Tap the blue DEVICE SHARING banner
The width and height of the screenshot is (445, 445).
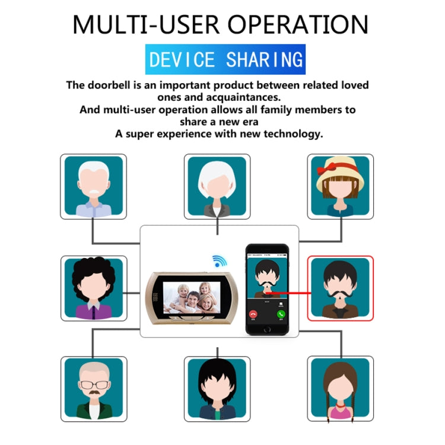pyautogui.click(x=225, y=59)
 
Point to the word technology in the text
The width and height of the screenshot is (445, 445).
pyautogui.click(x=293, y=133)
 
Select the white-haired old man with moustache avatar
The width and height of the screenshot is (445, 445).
pyautogui.click(x=94, y=186)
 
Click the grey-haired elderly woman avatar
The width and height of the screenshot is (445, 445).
pyautogui.click(x=217, y=186)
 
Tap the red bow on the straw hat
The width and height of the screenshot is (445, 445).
pyautogui.click(x=326, y=169)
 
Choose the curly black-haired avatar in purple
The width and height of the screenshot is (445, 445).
pyautogui.click(x=94, y=288)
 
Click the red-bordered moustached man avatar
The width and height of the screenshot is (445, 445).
pyautogui.click(x=341, y=288)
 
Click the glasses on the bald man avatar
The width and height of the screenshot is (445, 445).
pyautogui.click(x=94, y=385)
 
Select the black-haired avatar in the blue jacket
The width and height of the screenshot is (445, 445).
pyautogui.click(x=217, y=389)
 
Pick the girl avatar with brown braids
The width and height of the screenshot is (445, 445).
pyautogui.click(x=341, y=389)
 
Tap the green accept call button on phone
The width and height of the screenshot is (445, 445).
pyautogui.click(x=281, y=314)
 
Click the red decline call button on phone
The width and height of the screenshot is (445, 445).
pyautogui.click(x=253, y=314)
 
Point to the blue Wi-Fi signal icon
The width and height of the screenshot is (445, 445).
pyautogui.click(x=219, y=261)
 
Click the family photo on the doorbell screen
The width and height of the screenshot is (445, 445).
pyautogui.click(x=192, y=297)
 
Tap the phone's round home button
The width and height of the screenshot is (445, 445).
pyautogui.click(x=267, y=330)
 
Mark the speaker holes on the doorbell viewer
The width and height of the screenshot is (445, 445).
pyautogui.click(x=155, y=297)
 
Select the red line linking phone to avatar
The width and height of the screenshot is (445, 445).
pyautogui.click(x=290, y=293)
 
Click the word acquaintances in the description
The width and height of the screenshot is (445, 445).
pyautogui.click(x=243, y=97)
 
